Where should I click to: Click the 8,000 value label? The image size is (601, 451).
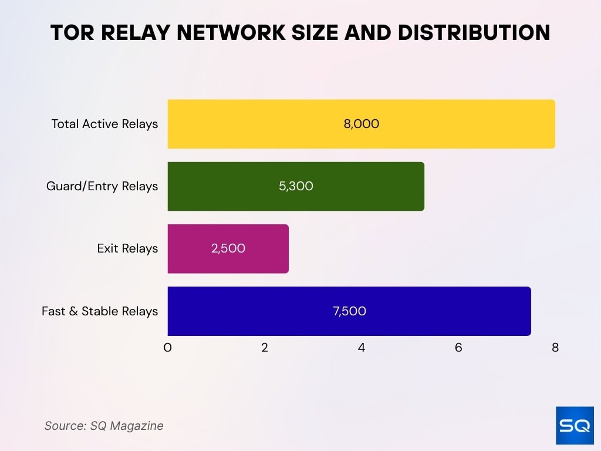(x=362, y=124)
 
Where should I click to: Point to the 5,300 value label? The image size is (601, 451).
(x=296, y=186)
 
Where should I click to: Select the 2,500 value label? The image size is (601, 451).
(x=228, y=248)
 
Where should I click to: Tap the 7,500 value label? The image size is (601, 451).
(x=349, y=311)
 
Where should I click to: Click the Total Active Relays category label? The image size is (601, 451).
(x=104, y=124)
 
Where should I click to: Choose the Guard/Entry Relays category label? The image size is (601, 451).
(x=102, y=186)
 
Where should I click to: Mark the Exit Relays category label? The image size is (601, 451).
(x=127, y=248)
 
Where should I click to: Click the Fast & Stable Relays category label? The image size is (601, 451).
(x=100, y=311)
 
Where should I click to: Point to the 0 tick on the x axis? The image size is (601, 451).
(x=168, y=348)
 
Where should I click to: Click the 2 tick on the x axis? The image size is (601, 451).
(x=265, y=348)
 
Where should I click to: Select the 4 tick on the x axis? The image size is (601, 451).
(x=362, y=348)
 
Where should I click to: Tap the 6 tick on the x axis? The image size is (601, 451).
(x=458, y=348)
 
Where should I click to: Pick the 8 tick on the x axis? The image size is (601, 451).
(x=555, y=348)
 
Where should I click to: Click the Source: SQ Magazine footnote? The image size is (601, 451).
(x=104, y=426)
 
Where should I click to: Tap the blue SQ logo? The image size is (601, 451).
(x=575, y=426)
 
